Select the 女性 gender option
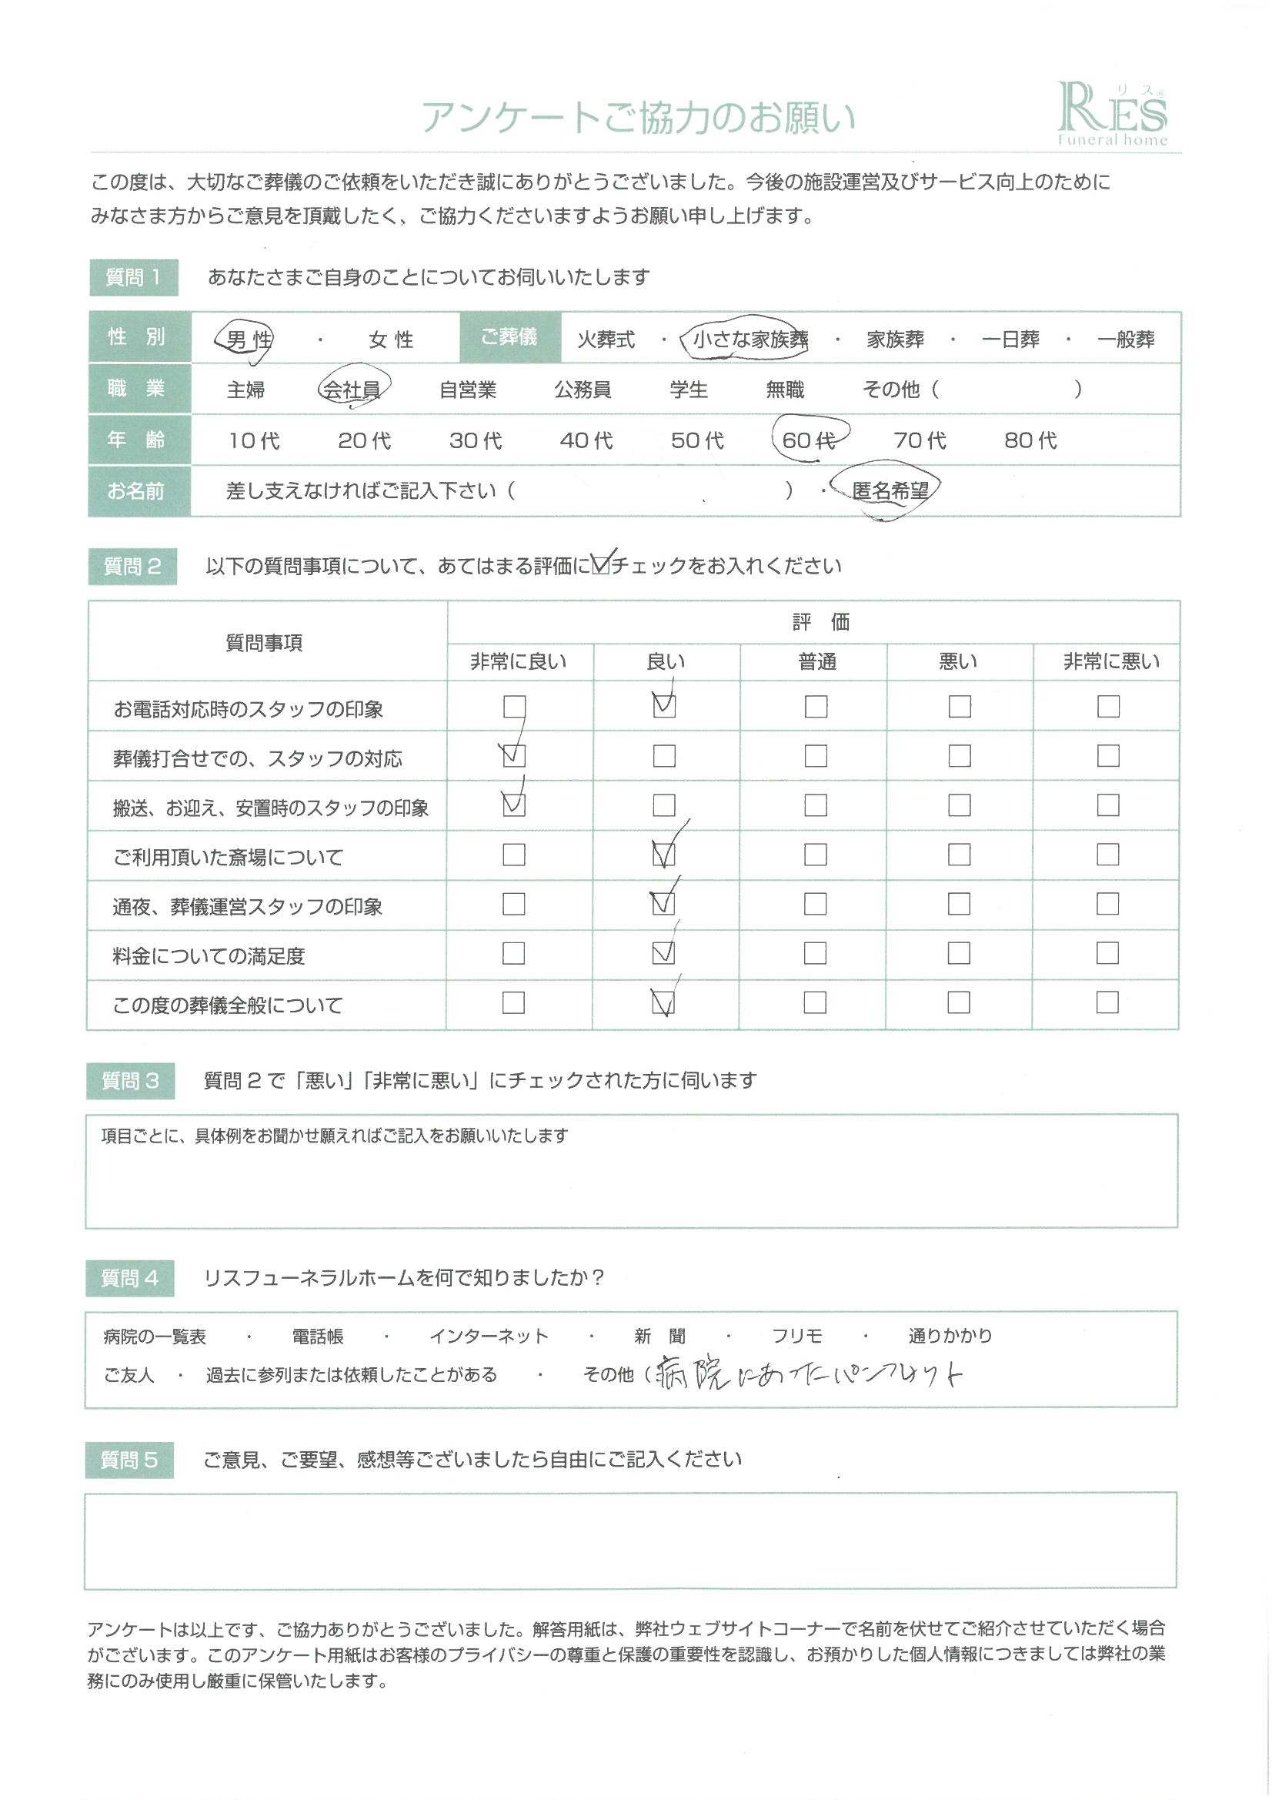coord(390,340)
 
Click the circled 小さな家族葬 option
coord(750,340)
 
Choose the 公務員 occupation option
coord(583,390)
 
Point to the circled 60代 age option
coord(809,440)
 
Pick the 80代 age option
coord(1030,440)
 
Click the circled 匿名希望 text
coord(890,490)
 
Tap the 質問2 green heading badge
coord(132,566)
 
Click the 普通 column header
coord(816,662)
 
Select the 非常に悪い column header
coord(1110,662)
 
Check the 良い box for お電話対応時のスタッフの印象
coord(664,706)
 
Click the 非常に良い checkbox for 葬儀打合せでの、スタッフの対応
coord(514,756)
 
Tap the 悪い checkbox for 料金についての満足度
coord(959,953)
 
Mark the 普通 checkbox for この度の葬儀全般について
coord(815,1002)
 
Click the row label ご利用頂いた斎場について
coord(228,858)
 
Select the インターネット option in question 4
coord(489,1337)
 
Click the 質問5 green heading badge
coord(129,1460)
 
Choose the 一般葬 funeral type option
coord(1126,340)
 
